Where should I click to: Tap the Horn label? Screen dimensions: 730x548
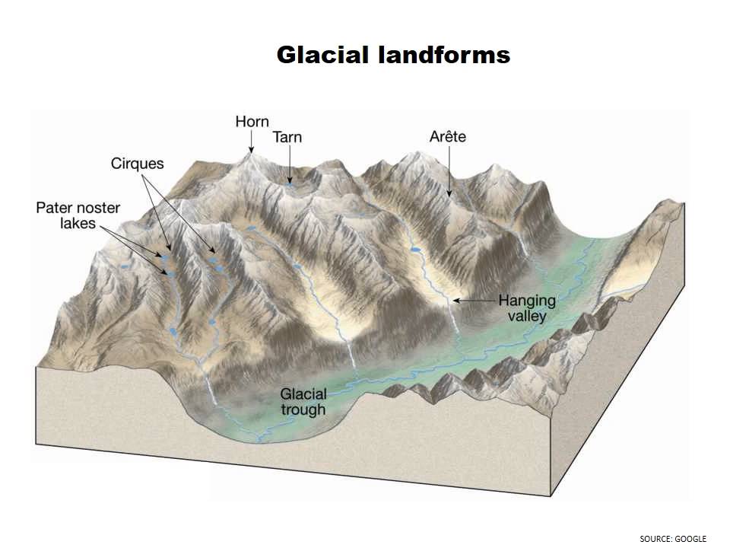252,122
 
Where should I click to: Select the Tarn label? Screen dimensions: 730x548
287,137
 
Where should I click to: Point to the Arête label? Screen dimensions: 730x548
447,137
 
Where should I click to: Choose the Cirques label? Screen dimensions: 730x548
137,164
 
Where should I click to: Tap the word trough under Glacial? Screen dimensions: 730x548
303,409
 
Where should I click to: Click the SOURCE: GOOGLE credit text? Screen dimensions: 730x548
673,539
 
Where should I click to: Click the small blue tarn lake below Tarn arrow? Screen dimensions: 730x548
289,183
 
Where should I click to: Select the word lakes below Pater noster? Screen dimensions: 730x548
78,224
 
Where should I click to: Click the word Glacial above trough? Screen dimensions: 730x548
303,394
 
